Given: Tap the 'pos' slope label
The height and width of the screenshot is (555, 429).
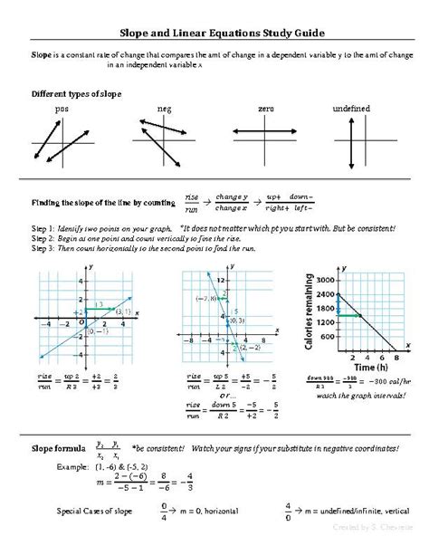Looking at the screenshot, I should pos(62,109).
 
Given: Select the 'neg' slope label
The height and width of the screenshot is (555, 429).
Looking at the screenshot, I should pos(164,109).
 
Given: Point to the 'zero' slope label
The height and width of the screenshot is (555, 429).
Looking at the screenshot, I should pos(266,109).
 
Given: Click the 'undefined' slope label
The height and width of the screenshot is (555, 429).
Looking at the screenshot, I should pos(351,109).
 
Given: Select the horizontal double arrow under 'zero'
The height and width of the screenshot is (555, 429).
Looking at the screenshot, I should pos(266,133).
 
